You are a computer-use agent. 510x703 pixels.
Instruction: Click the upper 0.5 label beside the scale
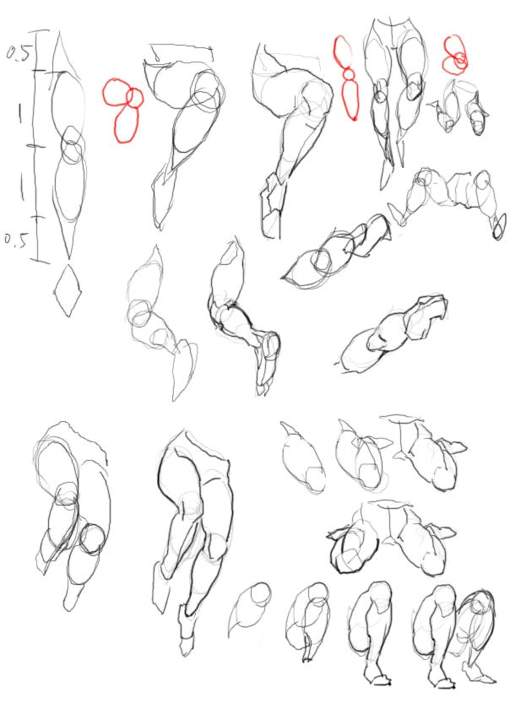pos(18,52)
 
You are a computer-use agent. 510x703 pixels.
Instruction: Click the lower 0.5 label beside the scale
pos(17,239)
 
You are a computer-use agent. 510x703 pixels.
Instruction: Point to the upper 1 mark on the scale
pos(19,112)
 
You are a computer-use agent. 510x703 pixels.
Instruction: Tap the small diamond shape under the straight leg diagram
pos(68,290)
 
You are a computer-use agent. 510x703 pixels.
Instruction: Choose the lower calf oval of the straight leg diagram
pos(70,187)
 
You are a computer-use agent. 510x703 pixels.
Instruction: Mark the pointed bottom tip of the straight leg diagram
pos(69,258)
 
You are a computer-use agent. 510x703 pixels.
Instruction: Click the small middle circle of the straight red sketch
pos(348,73)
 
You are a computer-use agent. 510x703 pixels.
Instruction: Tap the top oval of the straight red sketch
pos(343,51)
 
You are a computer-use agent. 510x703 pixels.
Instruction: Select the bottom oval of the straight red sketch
pos(350,99)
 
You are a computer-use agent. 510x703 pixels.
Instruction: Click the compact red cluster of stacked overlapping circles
pos(455,54)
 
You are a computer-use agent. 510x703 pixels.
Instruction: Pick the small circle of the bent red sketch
pos(134,98)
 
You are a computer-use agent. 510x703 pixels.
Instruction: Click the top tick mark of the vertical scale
pos(41,31)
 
